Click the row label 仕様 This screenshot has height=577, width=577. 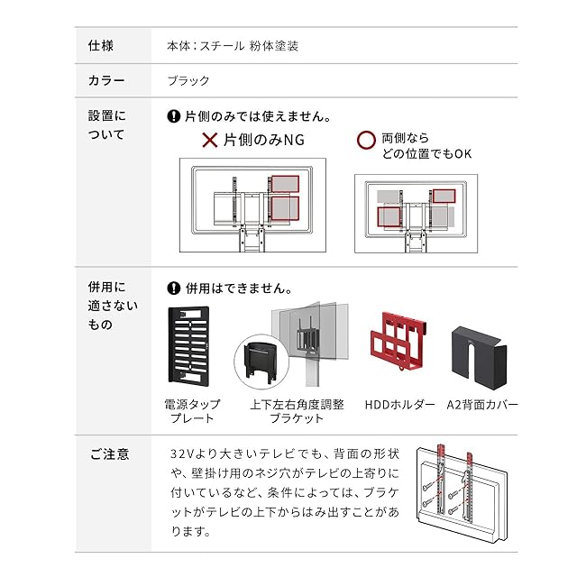click(x=100, y=45)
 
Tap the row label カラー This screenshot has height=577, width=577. click(x=106, y=80)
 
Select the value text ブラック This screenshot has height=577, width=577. click(x=188, y=80)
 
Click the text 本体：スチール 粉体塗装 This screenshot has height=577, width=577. click(x=233, y=45)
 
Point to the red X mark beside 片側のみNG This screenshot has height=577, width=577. click(x=209, y=140)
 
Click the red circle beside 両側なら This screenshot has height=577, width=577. click(x=366, y=141)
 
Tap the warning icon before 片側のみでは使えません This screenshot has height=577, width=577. click(x=174, y=116)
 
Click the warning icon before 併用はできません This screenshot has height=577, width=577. click(x=174, y=289)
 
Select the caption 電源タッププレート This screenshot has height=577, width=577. click(x=192, y=411)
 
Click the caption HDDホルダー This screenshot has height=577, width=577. click(x=401, y=405)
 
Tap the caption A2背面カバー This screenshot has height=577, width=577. click(x=483, y=405)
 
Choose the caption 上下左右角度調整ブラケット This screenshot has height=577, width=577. click(x=297, y=411)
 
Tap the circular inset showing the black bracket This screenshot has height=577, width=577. click(x=259, y=365)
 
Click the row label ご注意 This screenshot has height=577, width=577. click(x=109, y=454)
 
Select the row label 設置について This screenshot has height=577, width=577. click(x=107, y=125)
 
